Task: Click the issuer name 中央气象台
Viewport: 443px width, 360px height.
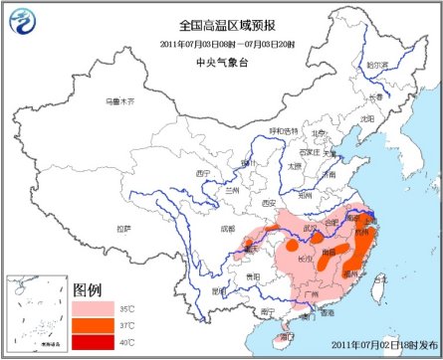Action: point(222,59)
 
